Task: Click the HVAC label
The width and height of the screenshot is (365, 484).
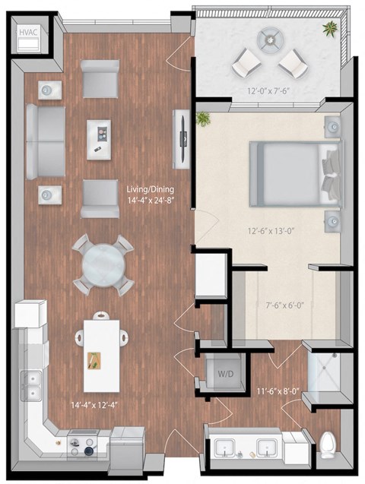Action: point(27,33)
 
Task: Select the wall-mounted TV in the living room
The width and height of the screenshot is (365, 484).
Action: point(182,139)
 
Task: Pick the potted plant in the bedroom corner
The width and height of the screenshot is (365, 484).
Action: point(203,119)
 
